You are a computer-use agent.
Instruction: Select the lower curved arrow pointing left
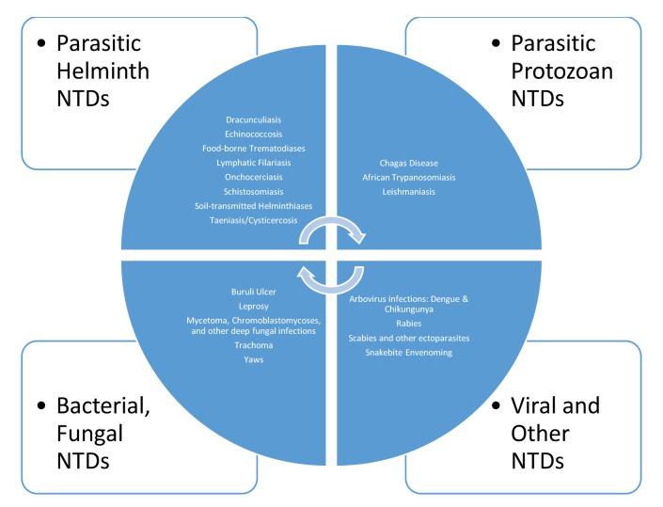pyautogui.click(x=330, y=278)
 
